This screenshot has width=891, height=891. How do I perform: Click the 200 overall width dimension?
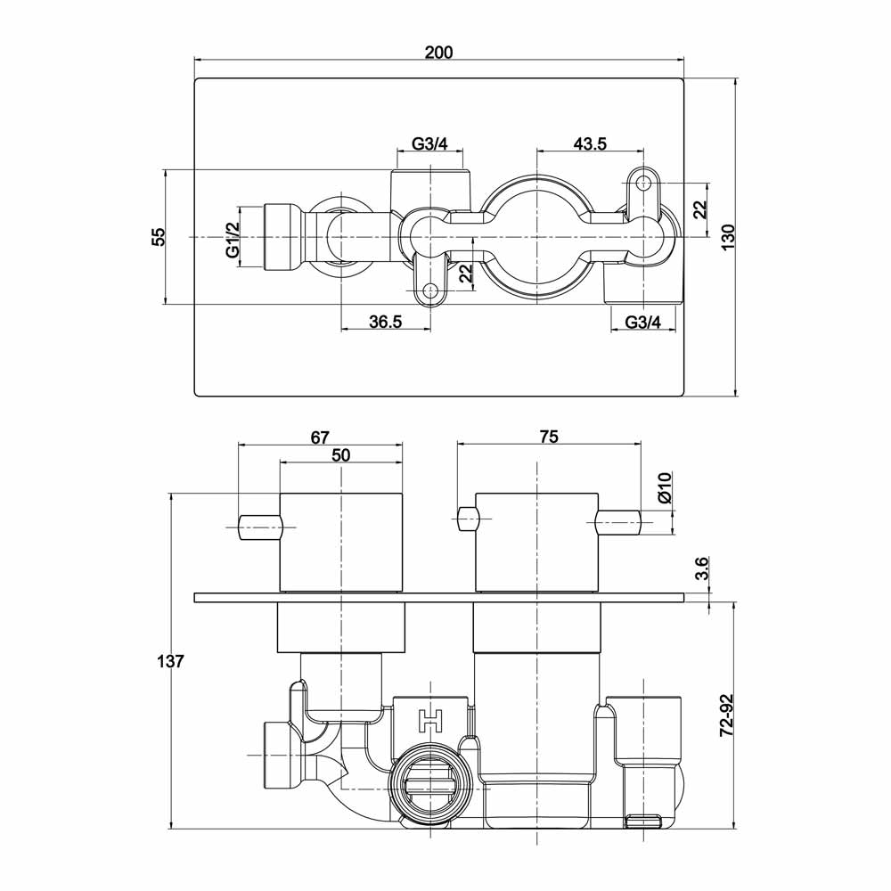point(438,52)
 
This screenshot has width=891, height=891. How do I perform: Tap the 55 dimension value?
point(158,237)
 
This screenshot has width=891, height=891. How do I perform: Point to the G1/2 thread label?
point(233,240)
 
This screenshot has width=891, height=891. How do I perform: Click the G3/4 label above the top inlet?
point(429,144)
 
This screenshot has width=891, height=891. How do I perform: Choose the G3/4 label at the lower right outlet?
point(643,323)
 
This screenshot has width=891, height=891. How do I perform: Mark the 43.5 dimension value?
point(590,144)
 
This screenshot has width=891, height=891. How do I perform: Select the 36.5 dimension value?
point(386,323)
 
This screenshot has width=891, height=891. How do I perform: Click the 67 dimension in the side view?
point(321,437)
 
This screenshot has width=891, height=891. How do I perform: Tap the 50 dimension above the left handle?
point(340,454)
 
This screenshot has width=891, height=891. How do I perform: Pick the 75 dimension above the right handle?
point(549,437)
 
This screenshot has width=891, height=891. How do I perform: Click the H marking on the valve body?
point(431,720)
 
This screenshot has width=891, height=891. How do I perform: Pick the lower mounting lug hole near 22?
point(430,290)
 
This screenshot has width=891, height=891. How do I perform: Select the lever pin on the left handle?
point(259,527)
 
